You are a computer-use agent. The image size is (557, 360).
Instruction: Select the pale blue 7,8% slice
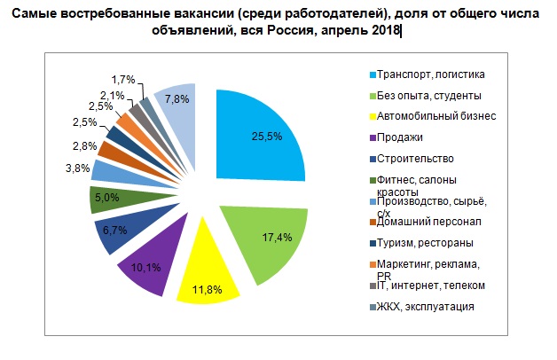[x=177, y=103]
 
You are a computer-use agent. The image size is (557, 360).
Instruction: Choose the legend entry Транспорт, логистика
[x=432, y=74]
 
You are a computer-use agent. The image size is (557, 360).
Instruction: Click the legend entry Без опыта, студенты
[x=428, y=94]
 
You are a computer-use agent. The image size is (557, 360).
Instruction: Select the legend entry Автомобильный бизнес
[x=435, y=116]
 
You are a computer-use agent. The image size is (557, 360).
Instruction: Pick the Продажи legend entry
[x=400, y=137]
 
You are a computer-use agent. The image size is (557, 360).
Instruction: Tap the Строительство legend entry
[x=414, y=159]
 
